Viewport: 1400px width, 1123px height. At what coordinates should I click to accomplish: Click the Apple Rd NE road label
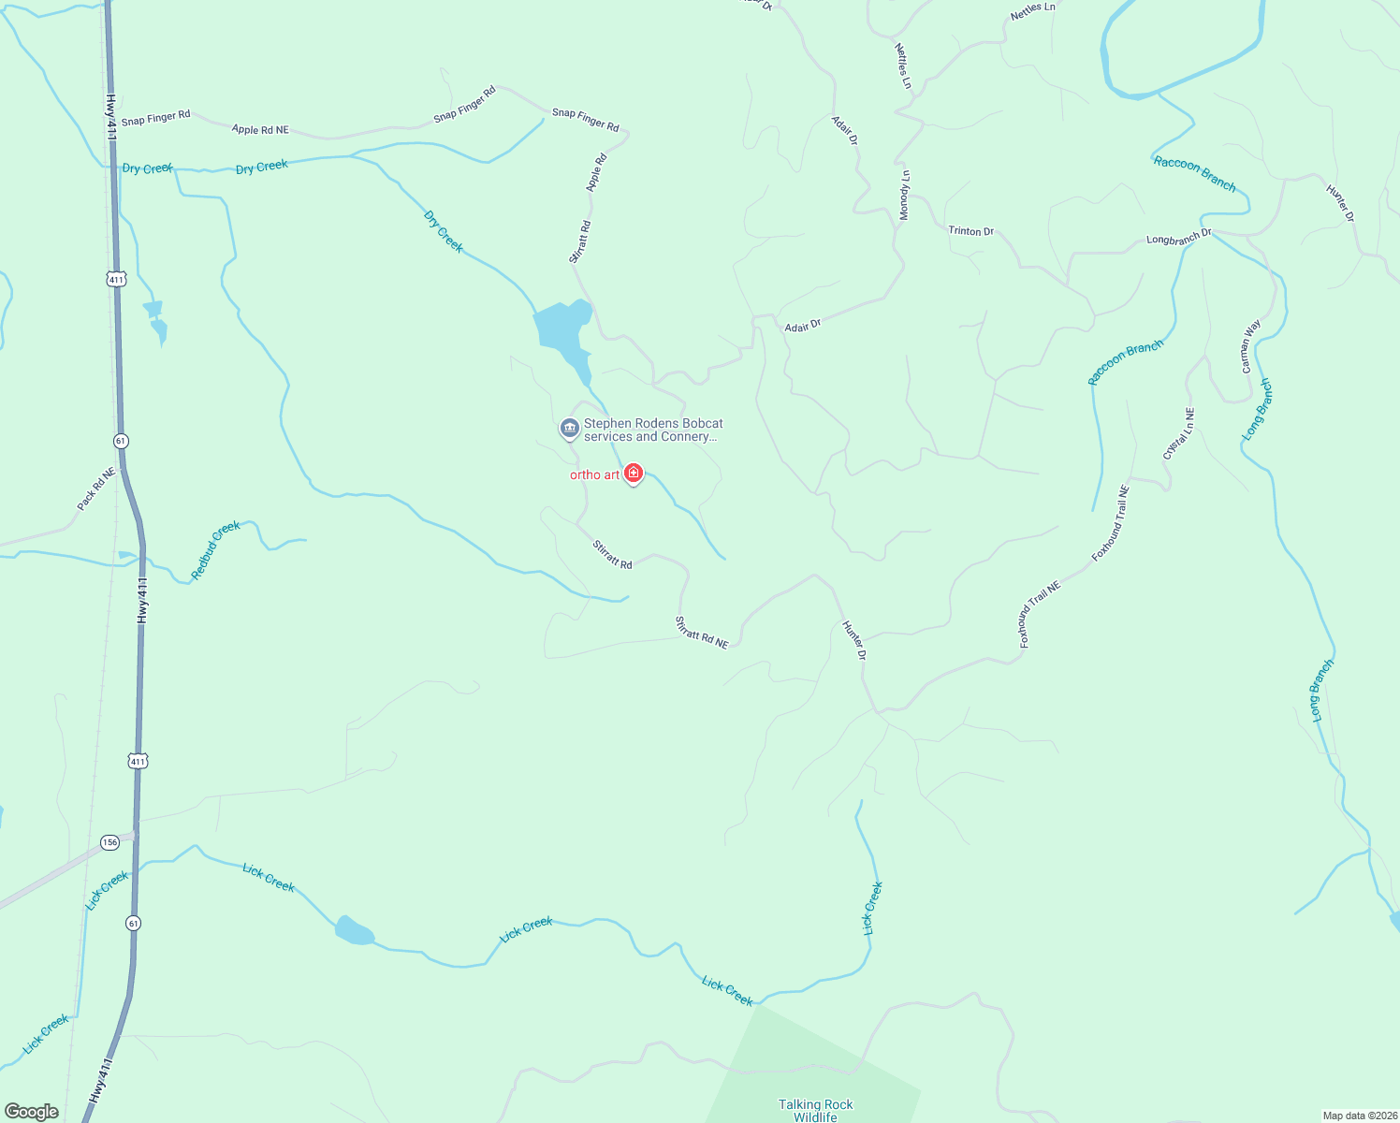pos(260,130)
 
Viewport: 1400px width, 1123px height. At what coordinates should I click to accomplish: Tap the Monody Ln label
pos(904,195)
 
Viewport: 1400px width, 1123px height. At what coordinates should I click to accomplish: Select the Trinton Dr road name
pos(970,231)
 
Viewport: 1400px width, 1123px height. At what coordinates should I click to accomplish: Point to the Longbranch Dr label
pos(1178,237)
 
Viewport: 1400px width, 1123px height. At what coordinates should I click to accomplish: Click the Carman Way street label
pos(1251,347)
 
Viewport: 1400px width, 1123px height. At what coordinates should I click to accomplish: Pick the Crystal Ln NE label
pos(1178,433)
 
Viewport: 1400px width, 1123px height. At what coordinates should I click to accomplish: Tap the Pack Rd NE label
pos(96,489)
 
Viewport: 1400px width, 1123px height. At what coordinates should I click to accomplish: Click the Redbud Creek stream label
pos(216,550)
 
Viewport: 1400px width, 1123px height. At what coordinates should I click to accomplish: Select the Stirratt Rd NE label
pos(702,632)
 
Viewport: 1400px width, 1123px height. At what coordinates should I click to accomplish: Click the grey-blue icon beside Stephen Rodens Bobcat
pos(569,429)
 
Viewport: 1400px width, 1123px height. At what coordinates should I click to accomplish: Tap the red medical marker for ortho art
pos(634,474)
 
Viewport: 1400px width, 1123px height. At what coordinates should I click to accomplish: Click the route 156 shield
pos(110,841)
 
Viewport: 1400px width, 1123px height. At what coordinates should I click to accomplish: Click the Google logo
pos(32,1112)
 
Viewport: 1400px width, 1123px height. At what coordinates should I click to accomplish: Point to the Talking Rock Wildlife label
pos(815,1110)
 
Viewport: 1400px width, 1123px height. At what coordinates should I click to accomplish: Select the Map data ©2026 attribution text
pos(1358,1116)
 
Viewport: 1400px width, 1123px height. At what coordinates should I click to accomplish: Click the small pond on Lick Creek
pos(355,931)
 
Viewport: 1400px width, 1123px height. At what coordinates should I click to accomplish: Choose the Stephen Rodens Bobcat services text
pos(653,430)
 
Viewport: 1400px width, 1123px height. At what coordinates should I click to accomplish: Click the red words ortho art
pos(595,474)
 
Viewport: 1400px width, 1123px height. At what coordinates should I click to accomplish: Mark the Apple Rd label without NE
pos(596,172)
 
